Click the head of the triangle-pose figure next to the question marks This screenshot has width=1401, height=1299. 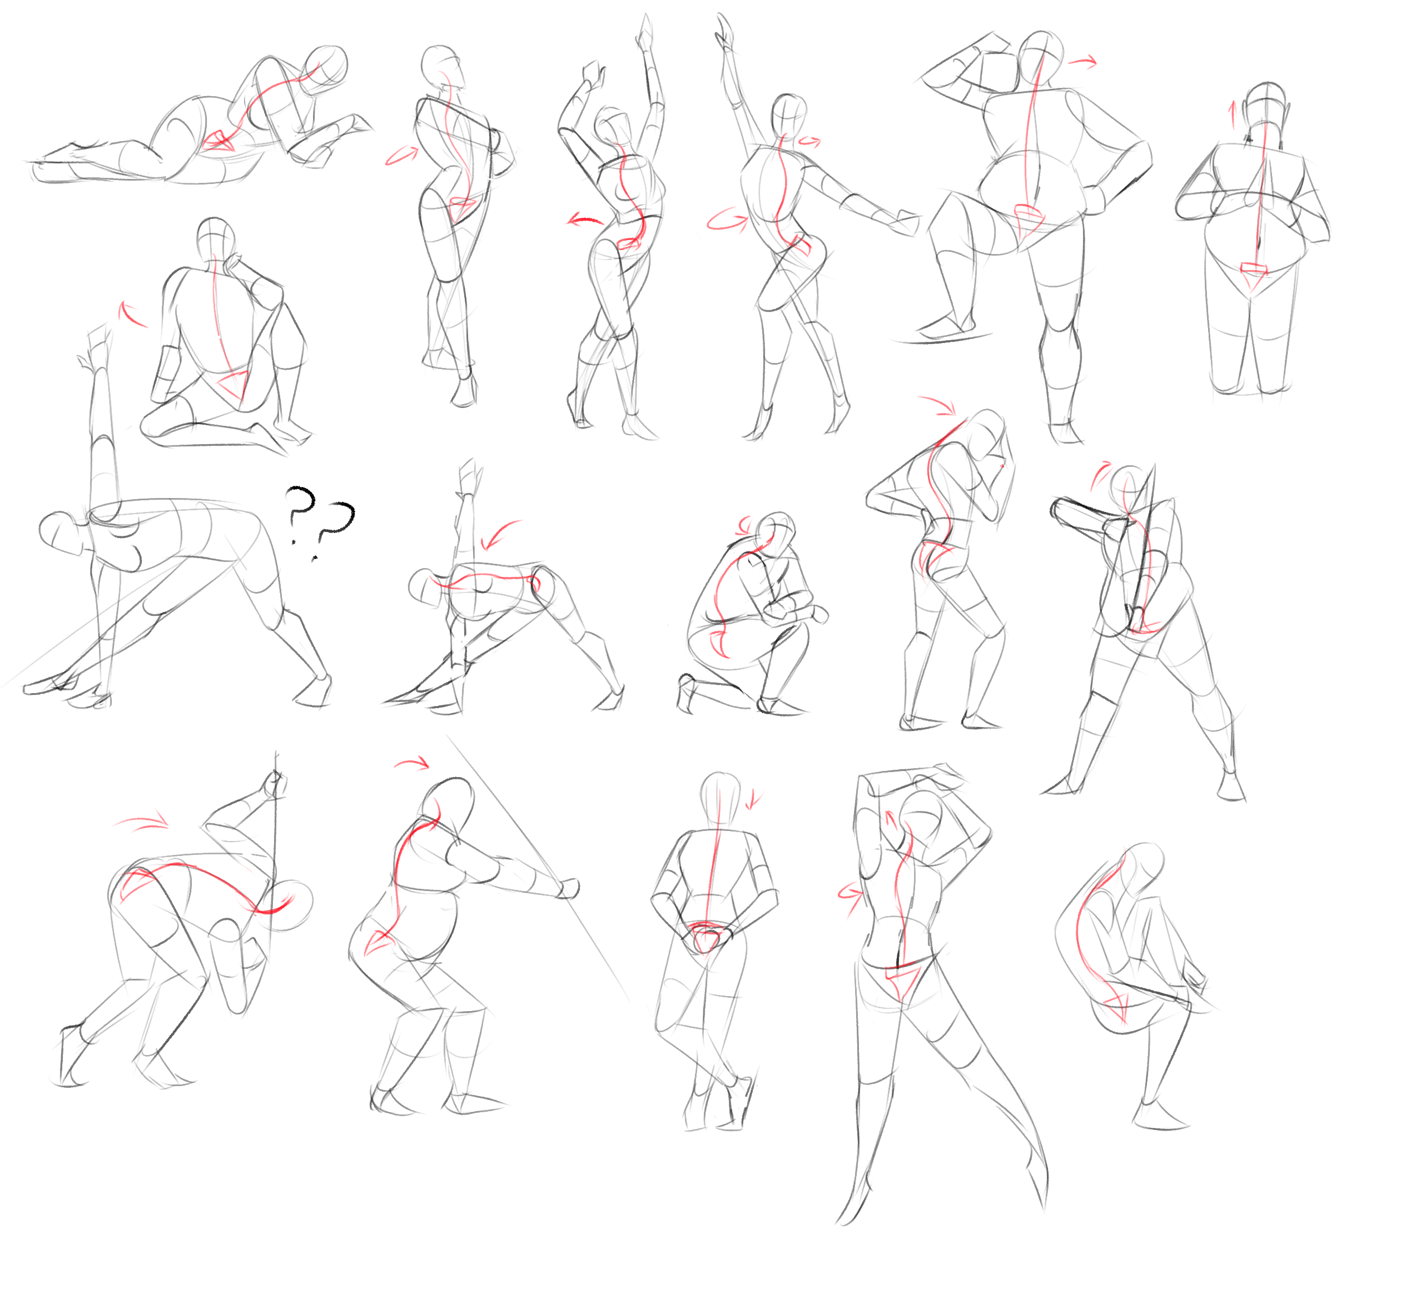coord(59,533)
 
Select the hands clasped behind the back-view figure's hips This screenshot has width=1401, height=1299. coord(707,935)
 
